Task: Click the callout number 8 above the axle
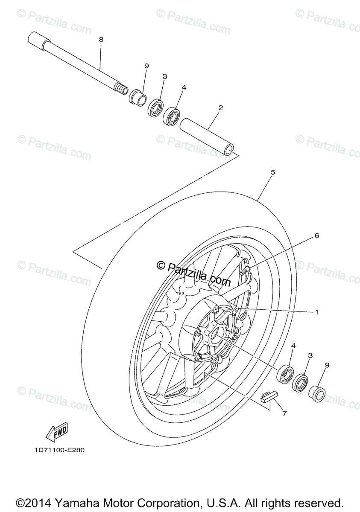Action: pyautogui.click(x=101, y=40)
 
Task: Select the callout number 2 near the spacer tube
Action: pyautogui.click(x=220, y=108)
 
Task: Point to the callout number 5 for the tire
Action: pyautogui.click(x=273, y=172)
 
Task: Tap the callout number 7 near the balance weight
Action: pyautogui.click(x=284, y=413)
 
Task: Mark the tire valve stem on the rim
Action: pyautogui.click(x=245, y=270)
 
